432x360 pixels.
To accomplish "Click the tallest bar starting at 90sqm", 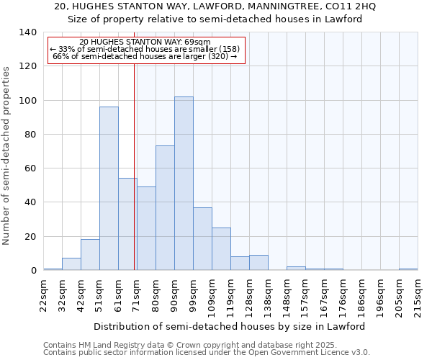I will [184, 184].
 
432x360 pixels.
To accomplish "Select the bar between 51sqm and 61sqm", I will [109, 189].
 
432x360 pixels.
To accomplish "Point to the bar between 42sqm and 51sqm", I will [90, 255].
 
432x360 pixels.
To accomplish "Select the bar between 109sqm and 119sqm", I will [221, 249].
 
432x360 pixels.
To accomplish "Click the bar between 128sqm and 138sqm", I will [258, 263].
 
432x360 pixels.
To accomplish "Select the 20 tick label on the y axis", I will [30, 237].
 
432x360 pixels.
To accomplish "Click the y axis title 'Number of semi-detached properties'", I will [7, 156].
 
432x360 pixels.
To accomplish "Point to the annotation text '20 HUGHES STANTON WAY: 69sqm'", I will [145, 42].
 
